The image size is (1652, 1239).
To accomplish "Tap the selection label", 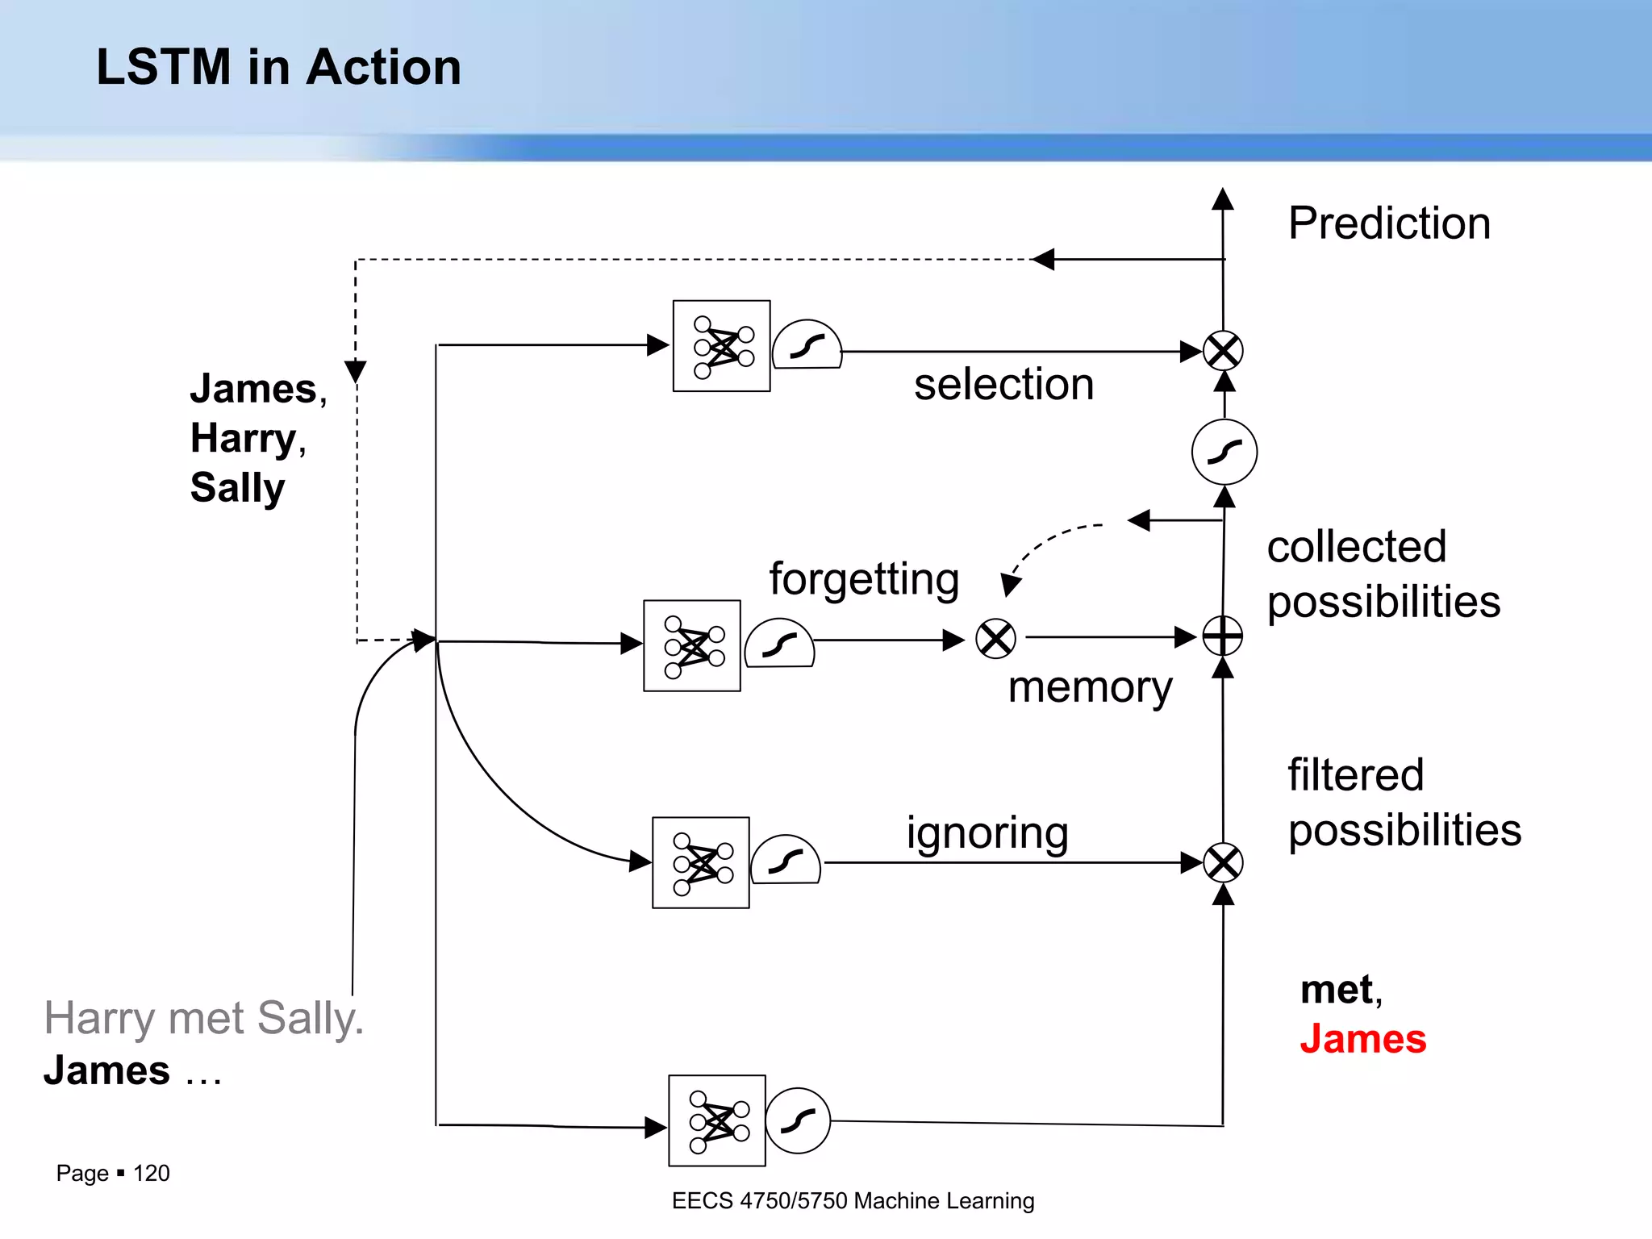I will tap(1003, 384).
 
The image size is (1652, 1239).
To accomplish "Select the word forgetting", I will tap(864, 579).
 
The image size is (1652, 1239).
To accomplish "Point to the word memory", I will tap(1090, 687).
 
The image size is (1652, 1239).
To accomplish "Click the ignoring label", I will tap(987, 832).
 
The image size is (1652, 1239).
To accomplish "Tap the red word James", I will tap(1363, 1039).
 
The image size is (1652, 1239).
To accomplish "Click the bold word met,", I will tap(1341, 990).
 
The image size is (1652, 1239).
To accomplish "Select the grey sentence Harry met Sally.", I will tap(203, 1018).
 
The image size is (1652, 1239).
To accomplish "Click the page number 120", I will tap(151, 1173).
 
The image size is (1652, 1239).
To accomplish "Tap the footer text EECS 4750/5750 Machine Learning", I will tap(853, 1200).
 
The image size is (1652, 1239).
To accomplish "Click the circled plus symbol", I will tap(1223, 636).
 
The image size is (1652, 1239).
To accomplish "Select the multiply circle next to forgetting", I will tap(995, 639).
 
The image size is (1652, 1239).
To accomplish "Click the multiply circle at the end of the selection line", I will tap(1223, 351).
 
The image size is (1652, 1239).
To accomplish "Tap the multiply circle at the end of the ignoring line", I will tap(1223, 863).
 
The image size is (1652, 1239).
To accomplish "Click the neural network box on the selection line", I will tap(721, 346).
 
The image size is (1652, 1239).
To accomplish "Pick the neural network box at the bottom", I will tap(716, 1120).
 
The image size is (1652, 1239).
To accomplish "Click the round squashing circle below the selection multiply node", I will tap(1224, 452).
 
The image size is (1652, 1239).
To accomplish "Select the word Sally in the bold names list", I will tap(237, 488).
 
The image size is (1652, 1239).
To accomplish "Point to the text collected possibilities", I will tap(1383, 574).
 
